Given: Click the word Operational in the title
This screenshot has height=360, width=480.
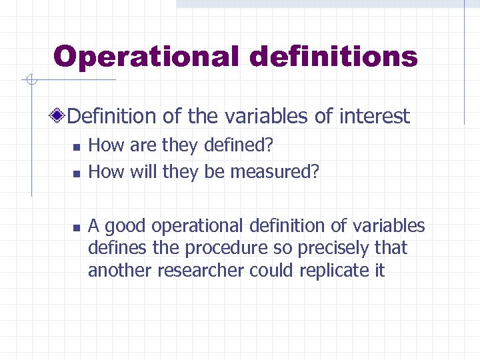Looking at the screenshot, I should (x=146, y=57).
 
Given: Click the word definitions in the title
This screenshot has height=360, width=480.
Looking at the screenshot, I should (x=333, y=57).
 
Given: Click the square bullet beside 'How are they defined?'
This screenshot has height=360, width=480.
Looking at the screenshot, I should (x=77, y=146).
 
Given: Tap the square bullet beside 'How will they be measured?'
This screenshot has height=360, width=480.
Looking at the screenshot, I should (x=77, y=173).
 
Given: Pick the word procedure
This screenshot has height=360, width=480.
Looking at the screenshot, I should (x=224, y=249).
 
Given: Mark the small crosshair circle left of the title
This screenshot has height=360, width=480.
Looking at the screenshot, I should (x=30, y=81).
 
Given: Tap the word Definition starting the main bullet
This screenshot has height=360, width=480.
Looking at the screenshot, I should (x=112, y=117).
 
